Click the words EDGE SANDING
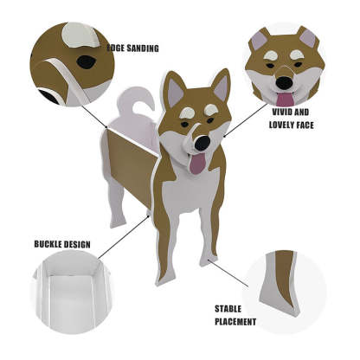coord(132,49)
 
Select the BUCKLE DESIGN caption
coord(62,244)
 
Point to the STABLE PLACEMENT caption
coord(235,314)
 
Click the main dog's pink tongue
coord(198,163)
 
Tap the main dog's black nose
coord(202,143)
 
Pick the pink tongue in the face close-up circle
coord(285,97)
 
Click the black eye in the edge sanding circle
coord(87,61)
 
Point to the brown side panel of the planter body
coord(128,173)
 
